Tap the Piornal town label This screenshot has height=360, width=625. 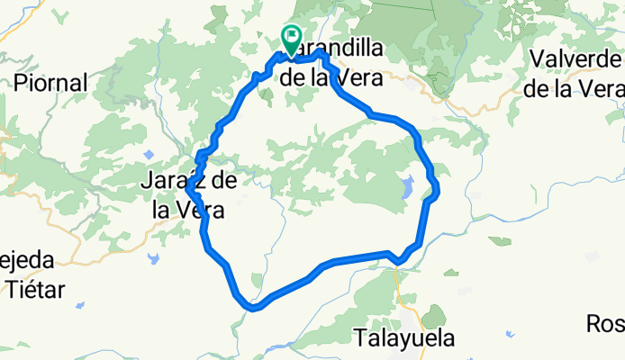[50, 83]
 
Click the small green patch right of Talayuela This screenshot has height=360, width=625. [435, 317]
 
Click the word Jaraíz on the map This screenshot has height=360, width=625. [177, 182]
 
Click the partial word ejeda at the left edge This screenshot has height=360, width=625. [26, 260]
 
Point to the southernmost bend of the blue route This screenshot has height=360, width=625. [254, 308]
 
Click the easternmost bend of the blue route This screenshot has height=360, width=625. [437, 189]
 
